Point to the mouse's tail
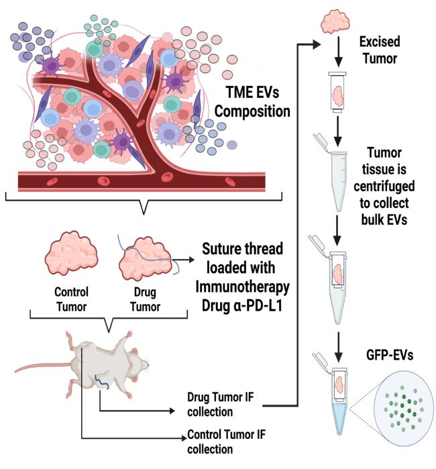tap(40, 369)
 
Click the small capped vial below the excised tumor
tap(338, 91)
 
